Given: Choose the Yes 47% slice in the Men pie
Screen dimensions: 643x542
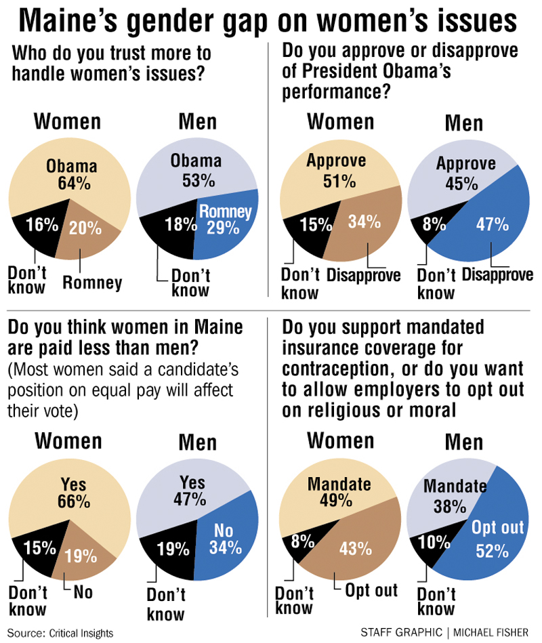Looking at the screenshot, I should coord(190,491).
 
